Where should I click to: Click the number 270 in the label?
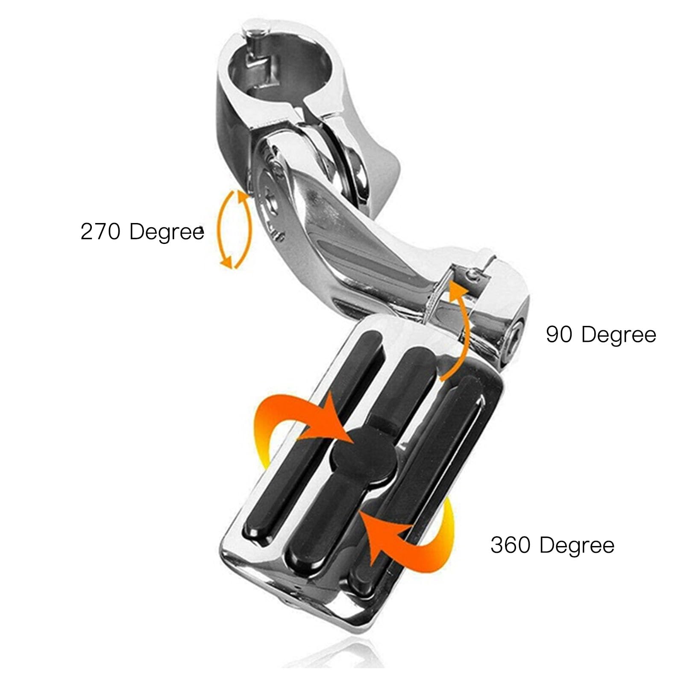click(x=102, y=232)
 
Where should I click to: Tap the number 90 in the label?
click(x=559, y=335)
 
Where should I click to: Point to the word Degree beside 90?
click(x=619, y=335)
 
